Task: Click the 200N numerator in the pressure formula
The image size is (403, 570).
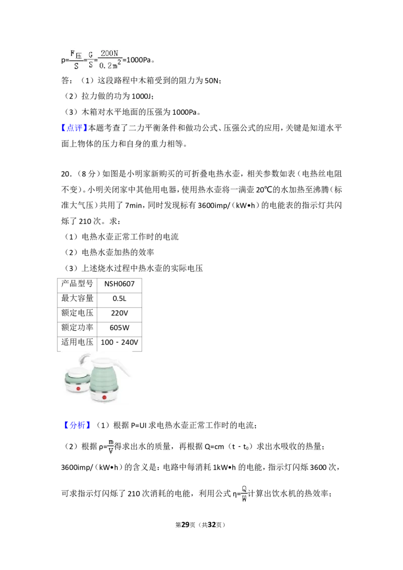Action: (109, 53)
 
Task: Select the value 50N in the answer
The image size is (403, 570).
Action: (212, 81)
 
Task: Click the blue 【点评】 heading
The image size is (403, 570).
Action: (75, 128)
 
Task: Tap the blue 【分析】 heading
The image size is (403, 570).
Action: (77, 425)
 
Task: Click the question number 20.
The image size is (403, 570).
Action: (66, 174)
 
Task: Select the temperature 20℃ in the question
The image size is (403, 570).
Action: (264, 190)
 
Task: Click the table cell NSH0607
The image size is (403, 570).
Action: (119, 284)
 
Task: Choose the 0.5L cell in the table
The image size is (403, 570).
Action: (119, 299)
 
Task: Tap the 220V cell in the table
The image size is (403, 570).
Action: (119, 313)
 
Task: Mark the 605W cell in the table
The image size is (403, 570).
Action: (119, 327)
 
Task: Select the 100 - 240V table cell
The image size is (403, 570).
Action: (119, 342)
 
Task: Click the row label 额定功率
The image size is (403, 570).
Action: (77, 327)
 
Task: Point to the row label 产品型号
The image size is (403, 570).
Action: (77, 283)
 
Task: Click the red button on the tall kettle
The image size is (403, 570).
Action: (104, 397)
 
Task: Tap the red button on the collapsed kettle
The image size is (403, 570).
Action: (78, 389)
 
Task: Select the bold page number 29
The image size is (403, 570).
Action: (185, 525)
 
